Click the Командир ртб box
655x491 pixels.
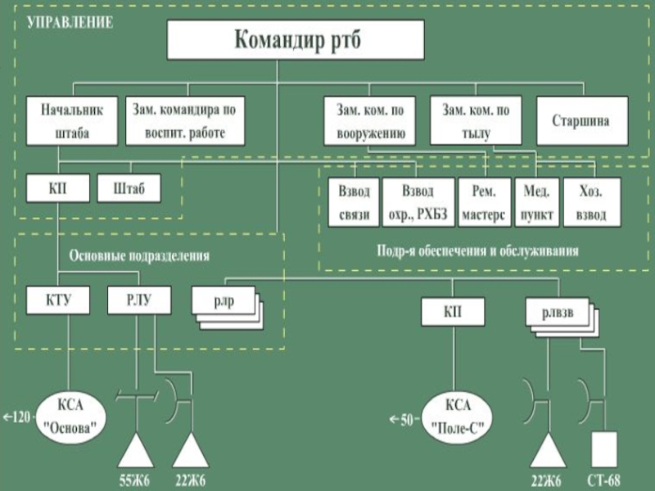pyautogui.click(x=296, y=39)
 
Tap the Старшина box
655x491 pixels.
pyautogui.click(x=583, y=120)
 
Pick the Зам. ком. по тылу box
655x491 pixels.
pyautogui.click(x=476, y=120)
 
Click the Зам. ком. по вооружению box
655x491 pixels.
pyautogui.click(x=369, y=120)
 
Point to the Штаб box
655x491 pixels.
pyautogui.click(x=129, y=189)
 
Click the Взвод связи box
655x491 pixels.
pyautogui.click(x=354, y=202)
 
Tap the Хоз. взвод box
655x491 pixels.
pyautogui.click(x=592, y=202)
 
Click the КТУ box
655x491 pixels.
pyautogui.click(x=57, y=300)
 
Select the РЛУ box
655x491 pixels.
pyautogui.click(x=139, y=300)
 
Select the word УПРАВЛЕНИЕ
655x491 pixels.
pyautogui.click(x=70, y=22)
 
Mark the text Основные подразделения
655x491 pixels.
pyautogui.click(x=139, y=255)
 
